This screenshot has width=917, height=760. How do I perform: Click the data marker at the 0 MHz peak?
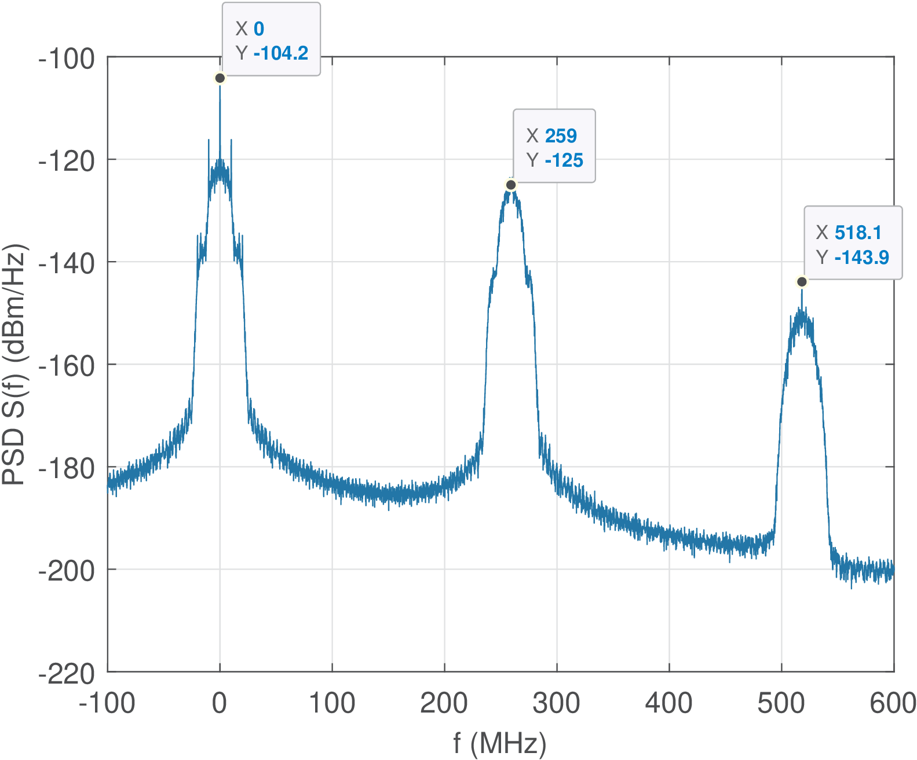(220, 78)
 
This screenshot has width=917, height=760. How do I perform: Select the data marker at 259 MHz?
(511, 185)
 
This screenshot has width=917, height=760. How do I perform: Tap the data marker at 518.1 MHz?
(802, 282)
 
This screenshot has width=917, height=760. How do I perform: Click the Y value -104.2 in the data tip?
(281, 53)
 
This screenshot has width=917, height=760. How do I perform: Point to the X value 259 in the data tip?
(561, 136)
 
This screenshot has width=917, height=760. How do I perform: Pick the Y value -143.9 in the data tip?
(861, 258)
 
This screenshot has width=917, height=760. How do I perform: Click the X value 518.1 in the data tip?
(858, 233)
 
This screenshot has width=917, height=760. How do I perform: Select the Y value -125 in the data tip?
(564, 160)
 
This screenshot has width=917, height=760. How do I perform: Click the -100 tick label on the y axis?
(67, 58)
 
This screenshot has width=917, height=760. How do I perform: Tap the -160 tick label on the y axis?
(67, 366)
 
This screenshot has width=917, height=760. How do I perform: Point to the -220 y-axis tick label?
(67, 674)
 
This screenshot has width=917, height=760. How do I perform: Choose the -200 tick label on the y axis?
(67, 571)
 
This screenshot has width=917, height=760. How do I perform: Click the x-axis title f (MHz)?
(500, 743)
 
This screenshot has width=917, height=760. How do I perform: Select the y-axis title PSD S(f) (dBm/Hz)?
(15, 365)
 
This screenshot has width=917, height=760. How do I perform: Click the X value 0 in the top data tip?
(258, 29)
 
